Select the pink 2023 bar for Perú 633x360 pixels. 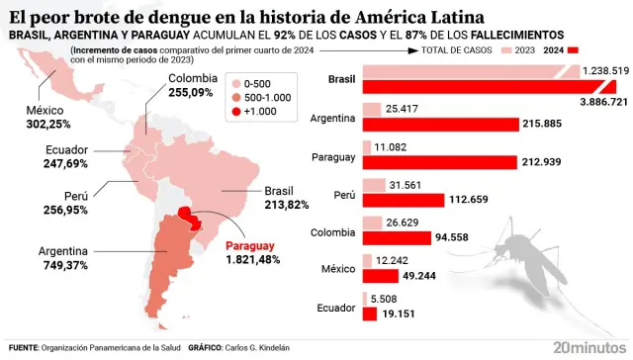pyautogui.click(x=374, y=185)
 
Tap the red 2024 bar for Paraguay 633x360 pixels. pyautogui.click(x=440, y=161)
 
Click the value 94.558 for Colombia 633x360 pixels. pyautogui.click(x=458, y=237)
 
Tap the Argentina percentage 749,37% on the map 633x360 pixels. pyautogui.click(x=63, y=265)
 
